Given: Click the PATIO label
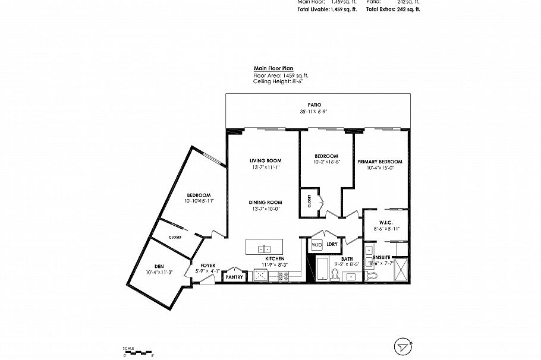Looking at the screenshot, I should click(x=307, y=105).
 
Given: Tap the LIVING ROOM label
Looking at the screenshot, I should click(x=265, y=161).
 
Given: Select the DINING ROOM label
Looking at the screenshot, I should click(x=265, y=202).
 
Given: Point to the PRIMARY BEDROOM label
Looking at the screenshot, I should click(x=380, y=162).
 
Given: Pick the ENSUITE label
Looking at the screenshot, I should click(x=382, y=257).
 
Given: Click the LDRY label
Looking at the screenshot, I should click(x=332, y=244).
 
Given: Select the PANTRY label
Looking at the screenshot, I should click(x=235, y=276).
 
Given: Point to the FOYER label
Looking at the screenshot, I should click(x=207, y=266).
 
